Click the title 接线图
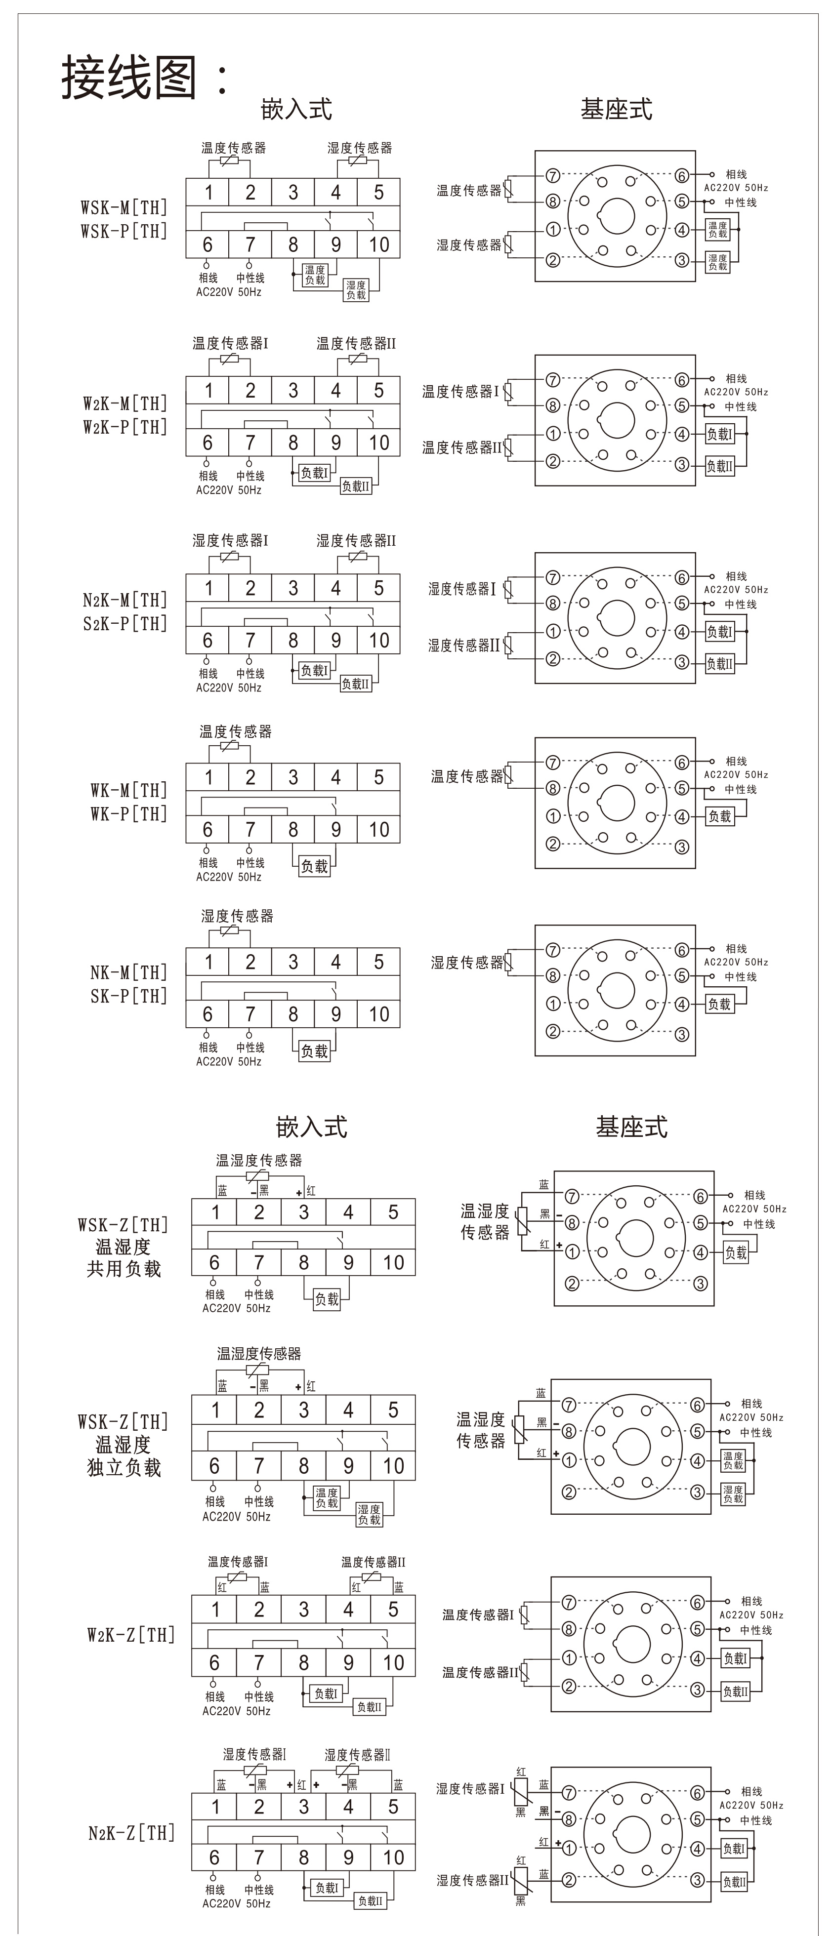tap(130, 78)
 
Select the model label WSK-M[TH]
tap(124, 207)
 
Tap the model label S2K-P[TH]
tap(125, 624)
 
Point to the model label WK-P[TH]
tap(128, 814)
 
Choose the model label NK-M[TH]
tap(128, 972)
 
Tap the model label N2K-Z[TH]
tap(131, 1832)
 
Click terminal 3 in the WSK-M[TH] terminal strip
tap(293, 193)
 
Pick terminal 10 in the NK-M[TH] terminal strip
tap(379, 1014)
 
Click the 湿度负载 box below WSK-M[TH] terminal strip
tap(356, 290)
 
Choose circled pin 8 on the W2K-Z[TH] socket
tap(569, 1629)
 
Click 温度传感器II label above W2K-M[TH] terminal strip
tap(356, 343)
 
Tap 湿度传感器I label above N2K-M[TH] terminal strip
tap(230, 540)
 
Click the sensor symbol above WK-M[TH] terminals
tap(230, 747)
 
